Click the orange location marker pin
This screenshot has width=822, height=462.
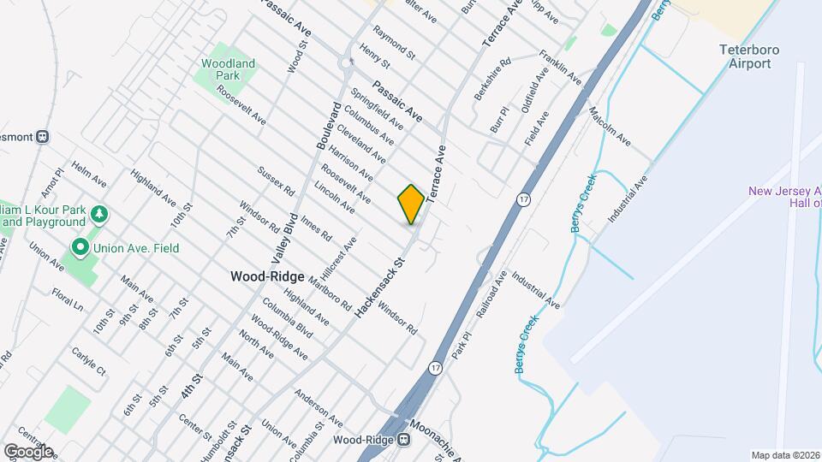pos(411,204)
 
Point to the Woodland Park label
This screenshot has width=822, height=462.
pos(229,69)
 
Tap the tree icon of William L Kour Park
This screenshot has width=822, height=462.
pos(100,212)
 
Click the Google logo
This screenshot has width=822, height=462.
pos(28,451)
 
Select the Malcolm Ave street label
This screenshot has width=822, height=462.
pos(610,127)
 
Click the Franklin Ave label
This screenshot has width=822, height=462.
pos(561,67)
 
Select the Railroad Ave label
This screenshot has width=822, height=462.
pos(487,296)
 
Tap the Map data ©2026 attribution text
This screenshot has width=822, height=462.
pos(784,455)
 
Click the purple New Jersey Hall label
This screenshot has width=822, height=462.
pos(783,198)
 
